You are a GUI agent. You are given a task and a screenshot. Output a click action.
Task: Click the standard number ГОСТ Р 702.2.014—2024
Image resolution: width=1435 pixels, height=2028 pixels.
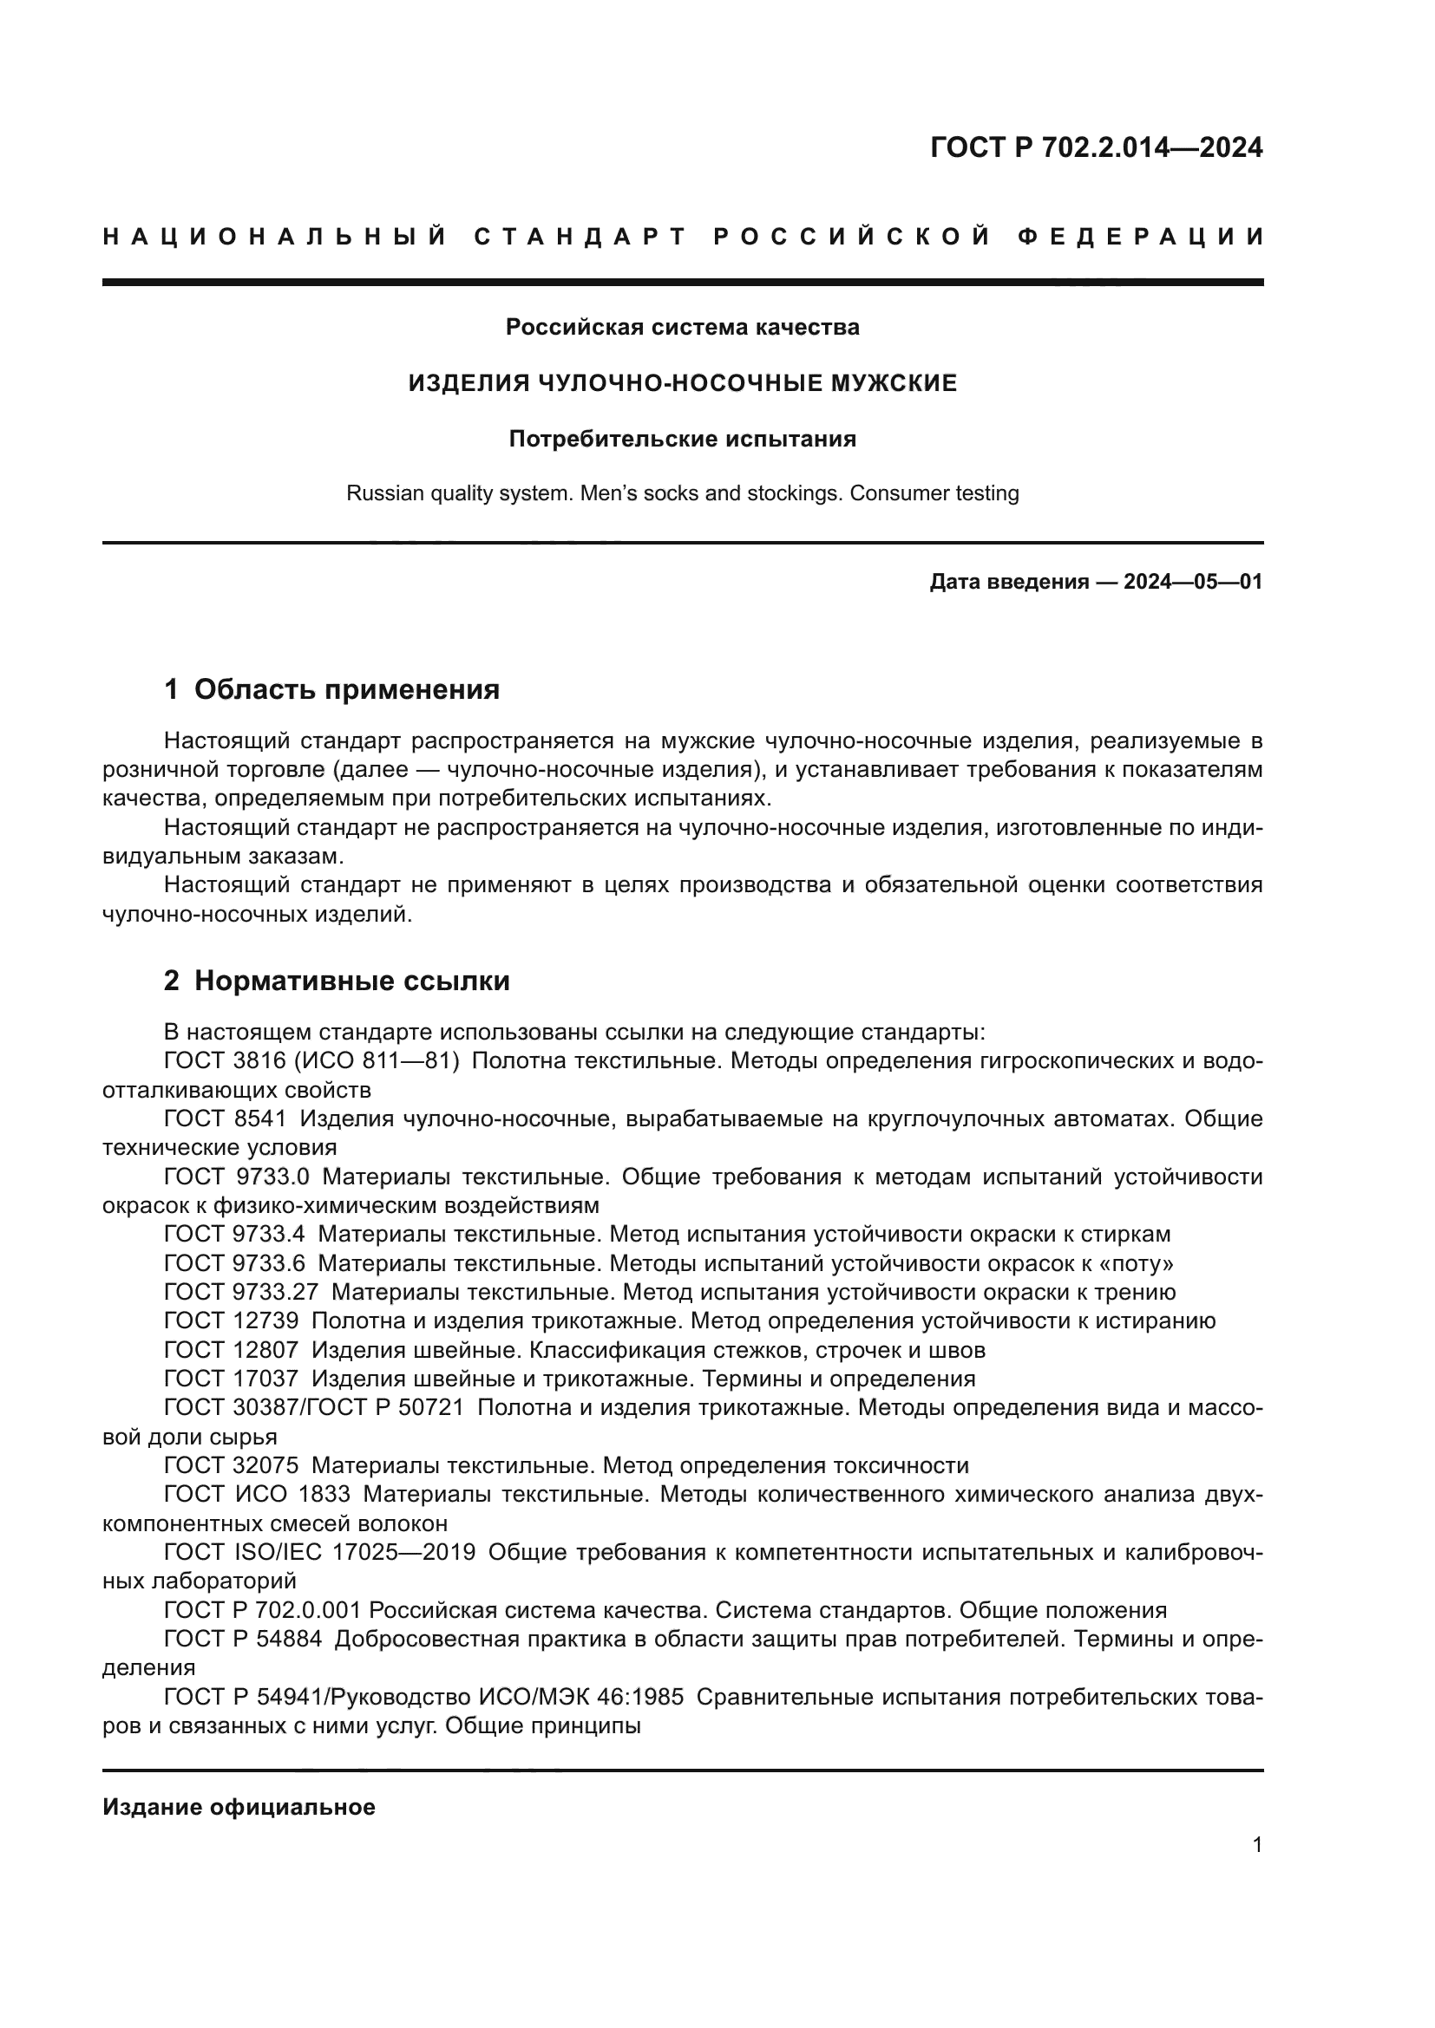(x=1096, y=147)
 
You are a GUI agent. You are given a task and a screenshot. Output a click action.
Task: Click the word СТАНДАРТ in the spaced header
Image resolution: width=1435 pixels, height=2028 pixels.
(x=580, y=237)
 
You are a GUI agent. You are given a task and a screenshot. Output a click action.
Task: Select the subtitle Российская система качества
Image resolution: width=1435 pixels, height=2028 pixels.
(x=682, y=327)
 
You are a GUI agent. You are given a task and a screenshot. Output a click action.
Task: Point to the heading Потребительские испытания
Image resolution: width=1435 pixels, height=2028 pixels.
(x=682, y=439)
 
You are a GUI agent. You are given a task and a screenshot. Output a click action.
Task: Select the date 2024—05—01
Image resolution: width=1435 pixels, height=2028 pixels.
(x=1193, y=582)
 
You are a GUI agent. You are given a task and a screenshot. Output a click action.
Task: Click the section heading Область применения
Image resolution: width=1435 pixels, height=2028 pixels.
(x=346, y=689)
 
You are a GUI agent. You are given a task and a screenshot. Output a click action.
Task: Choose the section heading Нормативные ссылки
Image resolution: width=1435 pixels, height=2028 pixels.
(x=351, y=981)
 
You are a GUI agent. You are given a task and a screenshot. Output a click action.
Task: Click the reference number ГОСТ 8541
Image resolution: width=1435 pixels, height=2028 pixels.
(x=226, y=1119)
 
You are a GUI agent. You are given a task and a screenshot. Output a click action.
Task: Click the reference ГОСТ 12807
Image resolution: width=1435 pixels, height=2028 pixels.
(x=232, y=1350)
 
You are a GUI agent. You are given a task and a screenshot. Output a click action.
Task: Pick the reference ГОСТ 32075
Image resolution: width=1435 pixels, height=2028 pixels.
(x=232, y=1465)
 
